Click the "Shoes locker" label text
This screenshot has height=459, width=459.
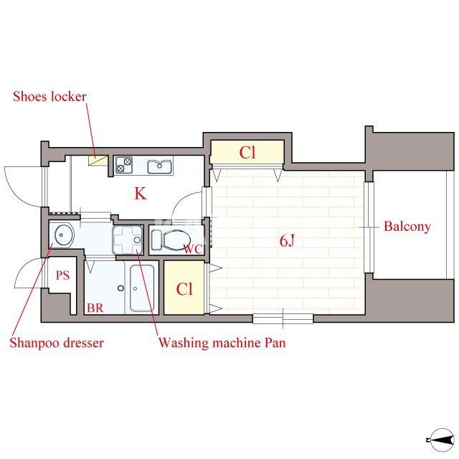(49, 97)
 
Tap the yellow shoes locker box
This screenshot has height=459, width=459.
(98, 161)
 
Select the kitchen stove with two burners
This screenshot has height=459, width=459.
(124, 165)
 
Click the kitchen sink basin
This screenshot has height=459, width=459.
(159, 166)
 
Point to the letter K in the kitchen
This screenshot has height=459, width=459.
(141, 194)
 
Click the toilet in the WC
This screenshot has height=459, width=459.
(171, 240)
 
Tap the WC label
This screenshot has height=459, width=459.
(193, 250)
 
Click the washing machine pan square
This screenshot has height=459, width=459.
(128, 240)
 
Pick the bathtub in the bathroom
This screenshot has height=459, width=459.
(142, 288)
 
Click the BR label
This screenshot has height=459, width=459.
(95, 308)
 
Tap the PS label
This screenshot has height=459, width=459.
(63, 275)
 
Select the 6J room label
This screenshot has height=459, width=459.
(287, 241)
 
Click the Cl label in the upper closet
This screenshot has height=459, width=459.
(247, 153)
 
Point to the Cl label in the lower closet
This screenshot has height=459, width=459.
(184, 289)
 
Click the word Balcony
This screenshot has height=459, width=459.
(407, 227)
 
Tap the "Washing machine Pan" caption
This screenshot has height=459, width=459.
(222, 343)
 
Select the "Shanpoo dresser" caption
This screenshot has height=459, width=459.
(57, 343)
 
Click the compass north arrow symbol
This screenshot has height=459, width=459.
(440, 440)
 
